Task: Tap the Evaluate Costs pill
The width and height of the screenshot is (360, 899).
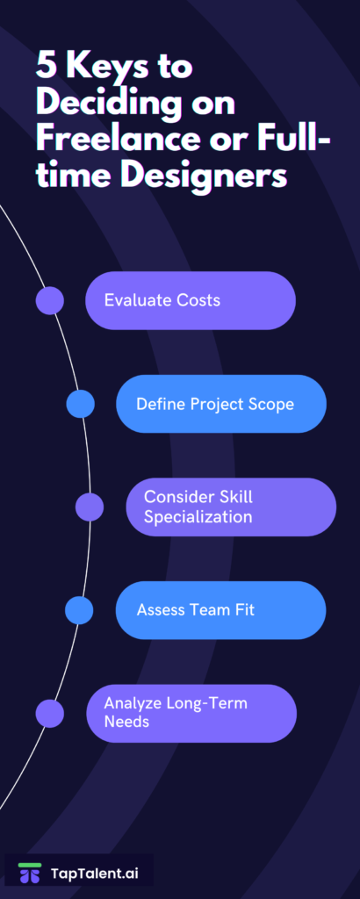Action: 191,300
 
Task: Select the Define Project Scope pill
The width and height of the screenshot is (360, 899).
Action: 221,404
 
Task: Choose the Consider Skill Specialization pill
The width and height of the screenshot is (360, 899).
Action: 231,507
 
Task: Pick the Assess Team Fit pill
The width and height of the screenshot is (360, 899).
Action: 220,610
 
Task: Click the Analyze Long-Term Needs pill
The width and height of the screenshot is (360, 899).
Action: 191,713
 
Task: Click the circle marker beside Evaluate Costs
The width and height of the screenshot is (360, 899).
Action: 50,300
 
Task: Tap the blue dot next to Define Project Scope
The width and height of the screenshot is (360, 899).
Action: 80,404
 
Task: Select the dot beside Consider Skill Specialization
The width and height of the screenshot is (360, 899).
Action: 90,507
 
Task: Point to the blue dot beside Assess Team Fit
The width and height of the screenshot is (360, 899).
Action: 79,610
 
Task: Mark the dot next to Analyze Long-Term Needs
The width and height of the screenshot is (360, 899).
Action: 50,713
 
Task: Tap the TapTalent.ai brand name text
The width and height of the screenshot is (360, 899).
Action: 95,874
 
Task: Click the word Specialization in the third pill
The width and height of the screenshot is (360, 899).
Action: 198,516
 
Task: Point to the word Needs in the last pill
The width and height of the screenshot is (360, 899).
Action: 126,721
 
